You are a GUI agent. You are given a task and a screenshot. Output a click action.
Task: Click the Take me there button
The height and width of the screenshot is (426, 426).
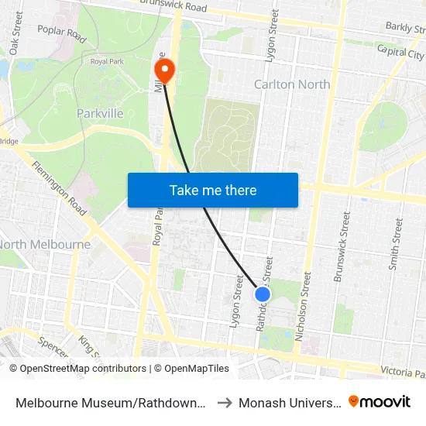click(x=213, y=190)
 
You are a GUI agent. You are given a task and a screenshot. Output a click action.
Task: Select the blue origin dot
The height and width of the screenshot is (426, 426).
click(x=263, y=294)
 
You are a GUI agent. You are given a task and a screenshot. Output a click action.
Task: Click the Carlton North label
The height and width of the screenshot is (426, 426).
click(x=292, y=84)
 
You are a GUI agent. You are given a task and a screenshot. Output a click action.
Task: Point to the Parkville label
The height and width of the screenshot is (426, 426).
click(x=100, y=114)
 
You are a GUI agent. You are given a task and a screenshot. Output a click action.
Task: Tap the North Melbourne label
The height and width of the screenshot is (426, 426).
click(x=45, y=245)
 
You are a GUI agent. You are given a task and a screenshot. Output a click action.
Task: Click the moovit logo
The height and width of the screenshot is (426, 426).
click(x=380, y=401)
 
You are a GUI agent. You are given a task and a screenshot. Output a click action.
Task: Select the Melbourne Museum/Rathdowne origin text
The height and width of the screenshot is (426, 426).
click(x=111, y=402)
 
